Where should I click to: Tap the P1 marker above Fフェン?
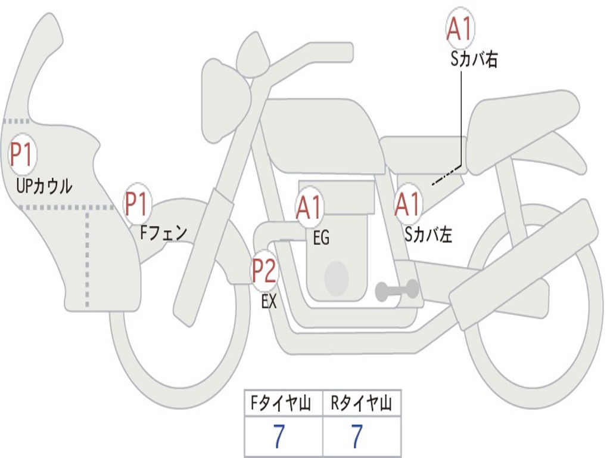(x=138, y=205)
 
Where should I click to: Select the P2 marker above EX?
(x=264, y=270)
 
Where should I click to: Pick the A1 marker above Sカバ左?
(x=408, y=205)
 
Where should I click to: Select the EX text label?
(x=269, y=302)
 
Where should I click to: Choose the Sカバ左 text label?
(x=428, y=235)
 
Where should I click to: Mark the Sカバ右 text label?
(x=474, y=60)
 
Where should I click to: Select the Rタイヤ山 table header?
(x=362, y=405)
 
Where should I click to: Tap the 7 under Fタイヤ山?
(x=279, y=437)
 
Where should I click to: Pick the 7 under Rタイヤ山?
(x=357, y=437)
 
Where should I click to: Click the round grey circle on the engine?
(x=336, y=277)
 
